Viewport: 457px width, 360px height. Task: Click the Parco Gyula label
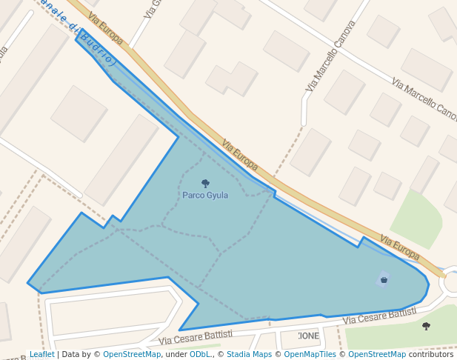tap(205, 195)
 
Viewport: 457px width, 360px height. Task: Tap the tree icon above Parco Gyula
tap(205, 183)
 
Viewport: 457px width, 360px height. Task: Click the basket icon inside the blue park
tap(384, 279)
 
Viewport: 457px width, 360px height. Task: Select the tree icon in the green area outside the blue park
tap(426, 326)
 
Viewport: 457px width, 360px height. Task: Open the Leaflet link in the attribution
tap(41, 354)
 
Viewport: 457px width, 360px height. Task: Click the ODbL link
tap(199, 354)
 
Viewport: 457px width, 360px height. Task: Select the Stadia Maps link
tap(249, 354)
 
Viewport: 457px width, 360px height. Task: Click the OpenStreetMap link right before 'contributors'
tap(377, 354)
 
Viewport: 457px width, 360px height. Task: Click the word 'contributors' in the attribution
tap(431, 354)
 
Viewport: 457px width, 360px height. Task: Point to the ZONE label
tap(308, 336)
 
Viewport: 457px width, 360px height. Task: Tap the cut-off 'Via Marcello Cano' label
tap(425, 99)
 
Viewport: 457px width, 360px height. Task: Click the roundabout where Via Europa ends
tap(451, 281)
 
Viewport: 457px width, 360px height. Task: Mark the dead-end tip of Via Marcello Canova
tap(304, 122)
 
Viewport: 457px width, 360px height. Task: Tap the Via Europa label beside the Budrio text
tap(104, 28)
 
